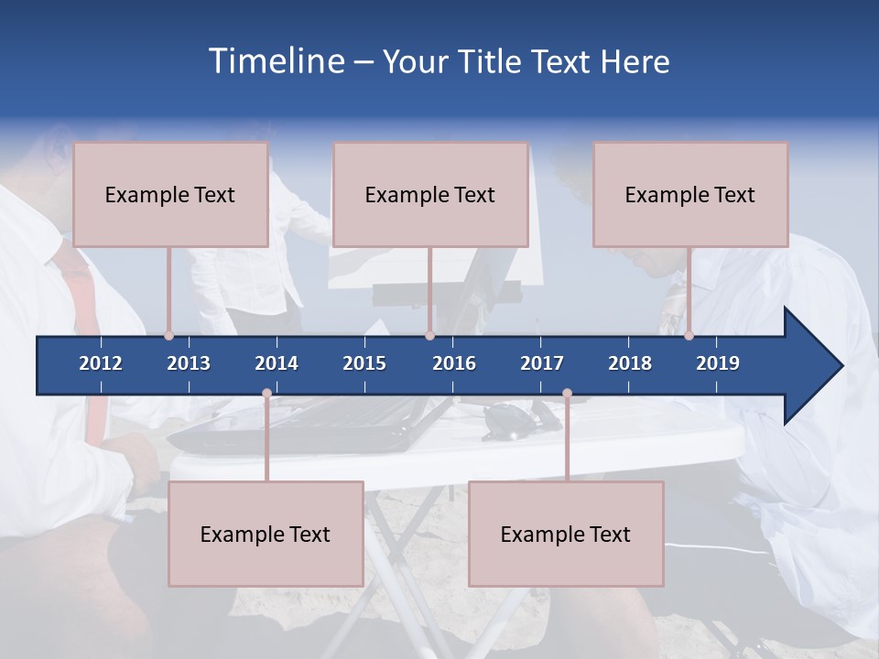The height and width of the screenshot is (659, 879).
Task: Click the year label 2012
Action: tap(101, 363)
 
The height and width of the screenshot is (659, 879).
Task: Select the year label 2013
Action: tap(189, 363)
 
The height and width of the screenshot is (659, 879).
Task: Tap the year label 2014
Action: tap(277, 363)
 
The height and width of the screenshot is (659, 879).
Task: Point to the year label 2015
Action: tap(364, 363)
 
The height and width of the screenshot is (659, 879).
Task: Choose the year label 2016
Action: tap(454, 363)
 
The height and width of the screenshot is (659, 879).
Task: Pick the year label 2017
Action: tap(542, 363)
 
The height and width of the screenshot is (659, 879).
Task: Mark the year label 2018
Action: tap(630, 363)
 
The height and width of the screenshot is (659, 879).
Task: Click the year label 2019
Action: tap(718, 363)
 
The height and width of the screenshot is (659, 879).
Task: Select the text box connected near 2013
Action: tap(170, 194)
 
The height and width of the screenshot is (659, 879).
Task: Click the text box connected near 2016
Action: tap(430, 194)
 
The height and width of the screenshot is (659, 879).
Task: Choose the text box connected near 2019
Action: tap(690, 194)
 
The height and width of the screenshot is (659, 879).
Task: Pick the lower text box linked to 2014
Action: tap(266, 534)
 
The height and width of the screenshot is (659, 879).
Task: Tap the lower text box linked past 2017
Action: tap(566, 534)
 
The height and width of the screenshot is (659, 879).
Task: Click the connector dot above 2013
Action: tap(169, 336)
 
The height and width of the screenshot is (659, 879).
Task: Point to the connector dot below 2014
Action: tap(266, 394)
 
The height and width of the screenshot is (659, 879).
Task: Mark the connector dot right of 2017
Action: tap(567, 394)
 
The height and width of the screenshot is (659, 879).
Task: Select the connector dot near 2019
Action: tap(689, 336)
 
